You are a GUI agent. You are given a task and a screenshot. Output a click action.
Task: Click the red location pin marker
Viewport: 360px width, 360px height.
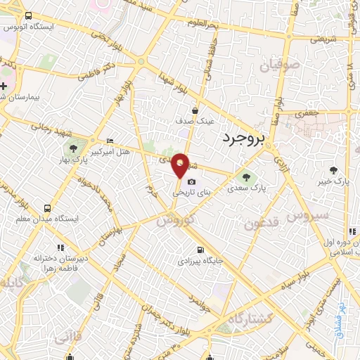click(181, 165)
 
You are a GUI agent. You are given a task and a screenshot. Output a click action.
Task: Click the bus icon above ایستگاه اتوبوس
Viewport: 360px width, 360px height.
click(28, 16)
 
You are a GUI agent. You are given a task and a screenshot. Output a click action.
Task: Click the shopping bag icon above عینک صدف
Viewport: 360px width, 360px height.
click(196, 110)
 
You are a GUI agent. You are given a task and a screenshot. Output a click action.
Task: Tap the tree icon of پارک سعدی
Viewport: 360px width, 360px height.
click(245, 176)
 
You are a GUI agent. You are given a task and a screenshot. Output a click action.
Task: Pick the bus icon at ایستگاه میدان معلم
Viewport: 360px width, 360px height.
click(47, 208)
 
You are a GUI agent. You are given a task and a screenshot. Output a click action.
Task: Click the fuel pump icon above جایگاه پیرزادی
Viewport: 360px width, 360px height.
click(201, 250)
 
